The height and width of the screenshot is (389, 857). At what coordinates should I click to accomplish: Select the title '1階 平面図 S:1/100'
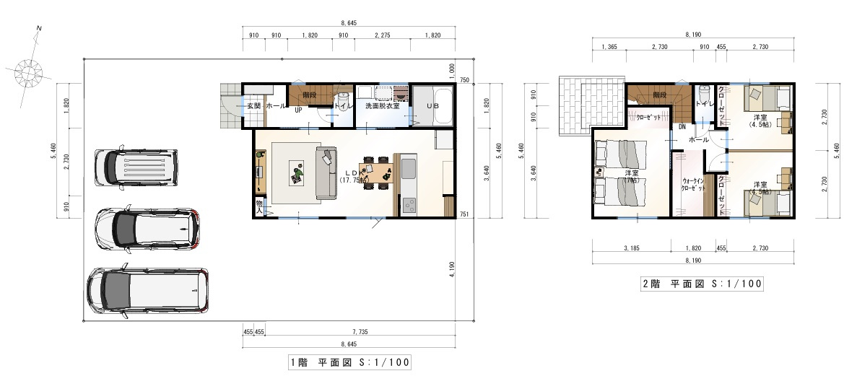pyautogui.click(x=349, y=362)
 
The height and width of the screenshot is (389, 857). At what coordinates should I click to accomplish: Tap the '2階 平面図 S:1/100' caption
pyautogui.click(x=702, y=284)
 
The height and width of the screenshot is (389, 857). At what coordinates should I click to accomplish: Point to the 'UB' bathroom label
pyautogui.click(x=432, y=106)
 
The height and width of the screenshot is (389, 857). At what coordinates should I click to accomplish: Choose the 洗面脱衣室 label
pyautogui.click(x=383, y=106)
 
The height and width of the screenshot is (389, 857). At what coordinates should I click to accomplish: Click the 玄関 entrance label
pyautogui.click(x=253, y=106)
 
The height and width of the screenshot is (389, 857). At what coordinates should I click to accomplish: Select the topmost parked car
pyautogui.click(x=135, y=167)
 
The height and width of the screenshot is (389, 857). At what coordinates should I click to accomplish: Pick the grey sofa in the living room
pyautogui.click(x=326, y=172)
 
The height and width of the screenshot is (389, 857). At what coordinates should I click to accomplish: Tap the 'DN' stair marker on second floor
pyautogui.click(x=682, y=127)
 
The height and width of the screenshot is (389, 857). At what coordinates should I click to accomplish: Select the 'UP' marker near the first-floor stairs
pyautogui.click(x=297, y=110)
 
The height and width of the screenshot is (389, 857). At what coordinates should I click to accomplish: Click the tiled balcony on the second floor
pyautogui.click(x=590, y=104)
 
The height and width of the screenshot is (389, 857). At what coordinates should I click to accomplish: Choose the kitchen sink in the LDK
pyautogui.click(x=406, y=172)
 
